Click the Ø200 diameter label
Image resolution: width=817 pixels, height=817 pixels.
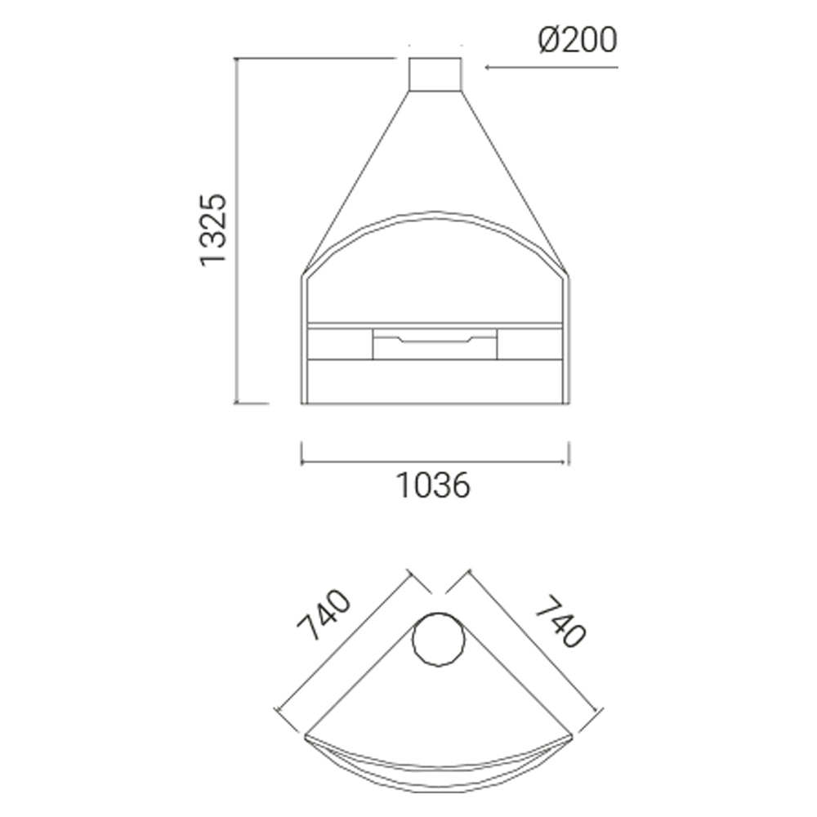pos(578,41)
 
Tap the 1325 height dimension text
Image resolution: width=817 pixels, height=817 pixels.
pos(213,230)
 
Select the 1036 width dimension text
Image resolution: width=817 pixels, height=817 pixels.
pos(434,485)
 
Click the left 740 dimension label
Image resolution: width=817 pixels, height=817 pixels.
pos(324,615)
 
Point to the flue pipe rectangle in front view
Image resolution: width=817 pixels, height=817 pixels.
pos(435,74)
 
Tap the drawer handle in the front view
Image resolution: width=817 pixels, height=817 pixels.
pos(435,340)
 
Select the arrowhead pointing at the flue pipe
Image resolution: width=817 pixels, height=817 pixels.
pos(489,67)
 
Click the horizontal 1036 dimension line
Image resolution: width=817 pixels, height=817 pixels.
pos(435,462)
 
